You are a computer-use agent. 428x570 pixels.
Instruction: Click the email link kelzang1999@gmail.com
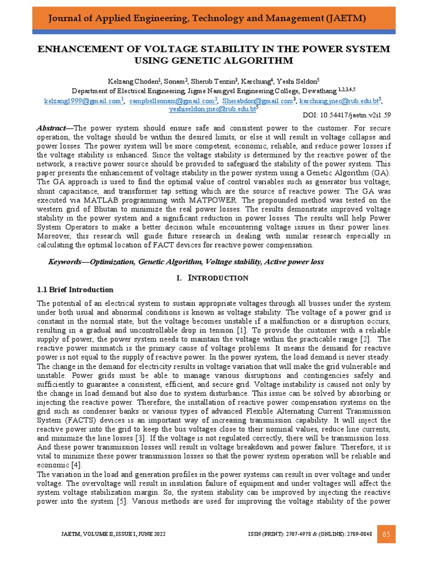coord(82,101)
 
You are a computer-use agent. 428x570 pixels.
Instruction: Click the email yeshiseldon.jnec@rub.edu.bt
coord(211,110)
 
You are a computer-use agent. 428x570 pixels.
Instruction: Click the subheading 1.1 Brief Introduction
coord(75,289)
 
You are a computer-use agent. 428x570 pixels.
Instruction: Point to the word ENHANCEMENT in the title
coord(72,50)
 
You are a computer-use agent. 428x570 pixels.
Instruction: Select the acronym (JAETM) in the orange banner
coord(347,18)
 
